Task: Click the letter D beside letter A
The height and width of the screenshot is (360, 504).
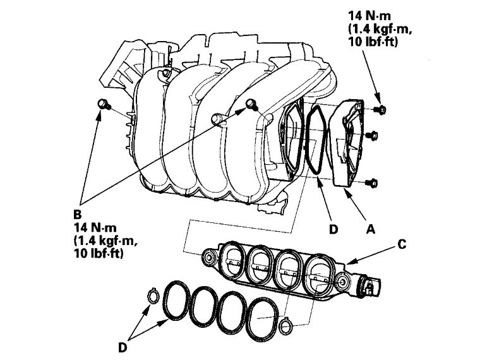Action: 332,229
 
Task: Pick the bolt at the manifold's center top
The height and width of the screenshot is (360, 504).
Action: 251,105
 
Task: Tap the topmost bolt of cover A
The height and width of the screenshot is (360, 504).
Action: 381,111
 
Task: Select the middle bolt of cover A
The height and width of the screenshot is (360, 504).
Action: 373,135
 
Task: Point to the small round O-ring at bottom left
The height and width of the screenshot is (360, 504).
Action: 152,296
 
